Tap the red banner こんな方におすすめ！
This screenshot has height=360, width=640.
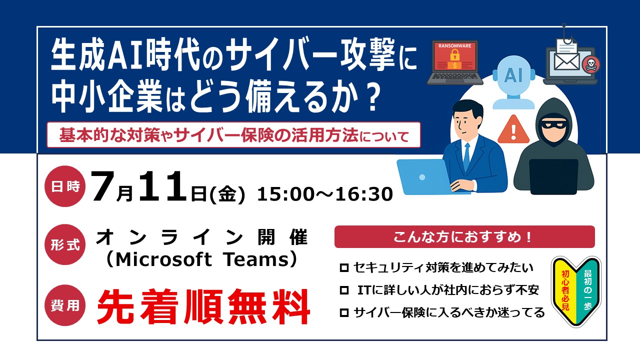464,237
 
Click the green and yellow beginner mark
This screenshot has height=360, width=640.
576,291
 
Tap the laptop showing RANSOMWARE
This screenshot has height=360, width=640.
454,63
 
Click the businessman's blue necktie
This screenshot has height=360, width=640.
466,157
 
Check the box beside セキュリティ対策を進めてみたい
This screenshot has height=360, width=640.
344,268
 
